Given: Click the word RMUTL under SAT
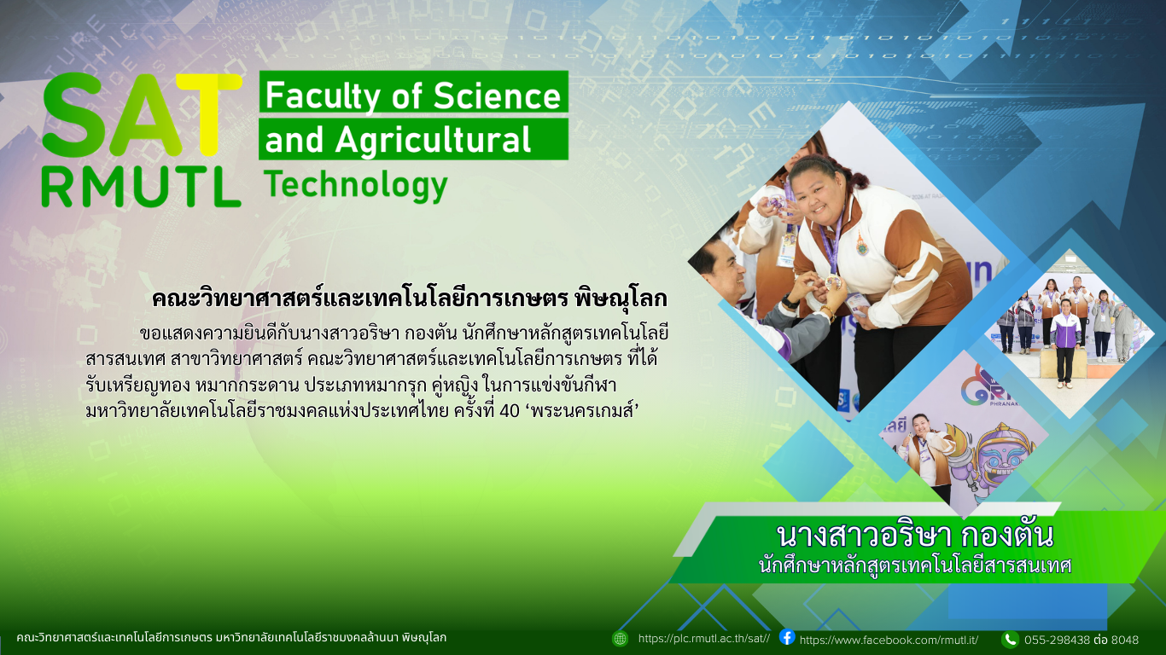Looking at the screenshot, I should click(140, 187).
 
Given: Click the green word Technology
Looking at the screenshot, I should click(355, 183).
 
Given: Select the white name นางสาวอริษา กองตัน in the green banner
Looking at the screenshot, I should click(914, 536).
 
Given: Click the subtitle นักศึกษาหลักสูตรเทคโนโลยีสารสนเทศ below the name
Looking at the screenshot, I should click(914, 565).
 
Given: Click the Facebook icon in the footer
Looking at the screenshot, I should click(787, 637).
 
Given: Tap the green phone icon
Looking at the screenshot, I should click(1010, 639).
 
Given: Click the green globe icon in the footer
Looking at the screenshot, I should click(620, 638).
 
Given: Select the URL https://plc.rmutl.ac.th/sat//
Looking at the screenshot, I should click(703, 639).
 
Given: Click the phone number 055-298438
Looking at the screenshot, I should click(1057, 640).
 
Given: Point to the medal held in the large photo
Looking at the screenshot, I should click(831, 281).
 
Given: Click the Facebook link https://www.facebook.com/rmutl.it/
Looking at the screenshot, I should click(889, 640).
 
